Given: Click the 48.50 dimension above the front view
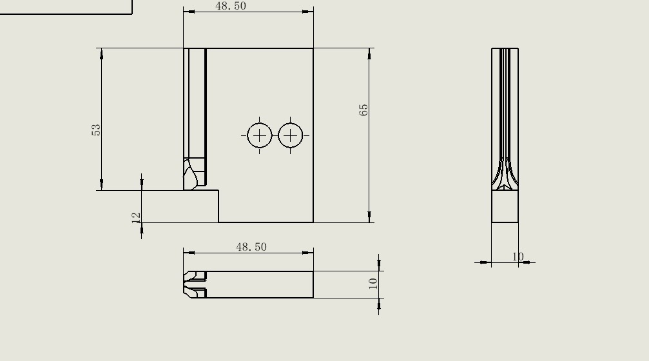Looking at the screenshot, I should [231, 6].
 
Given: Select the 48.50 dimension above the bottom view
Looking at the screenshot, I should [251, 247].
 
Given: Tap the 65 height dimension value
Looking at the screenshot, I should [364, 110].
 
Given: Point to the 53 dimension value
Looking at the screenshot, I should [97, 130].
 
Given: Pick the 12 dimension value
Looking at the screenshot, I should [137, 217].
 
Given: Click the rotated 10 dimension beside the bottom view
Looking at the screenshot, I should [373, 283].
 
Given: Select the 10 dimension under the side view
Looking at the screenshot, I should [518, 257].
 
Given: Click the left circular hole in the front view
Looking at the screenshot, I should [260, 135].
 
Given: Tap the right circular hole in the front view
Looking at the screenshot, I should [291, 135].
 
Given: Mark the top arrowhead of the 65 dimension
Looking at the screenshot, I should [370, 54].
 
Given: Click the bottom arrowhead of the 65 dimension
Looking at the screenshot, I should [370, 217].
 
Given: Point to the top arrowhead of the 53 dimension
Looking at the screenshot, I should [102, 54].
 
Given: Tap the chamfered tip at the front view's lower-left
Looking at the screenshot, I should [191, 175].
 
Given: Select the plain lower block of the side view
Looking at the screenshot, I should [505, 208].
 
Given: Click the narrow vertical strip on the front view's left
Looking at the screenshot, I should [195, 103].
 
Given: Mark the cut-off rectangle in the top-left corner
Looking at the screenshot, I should [64, 6].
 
